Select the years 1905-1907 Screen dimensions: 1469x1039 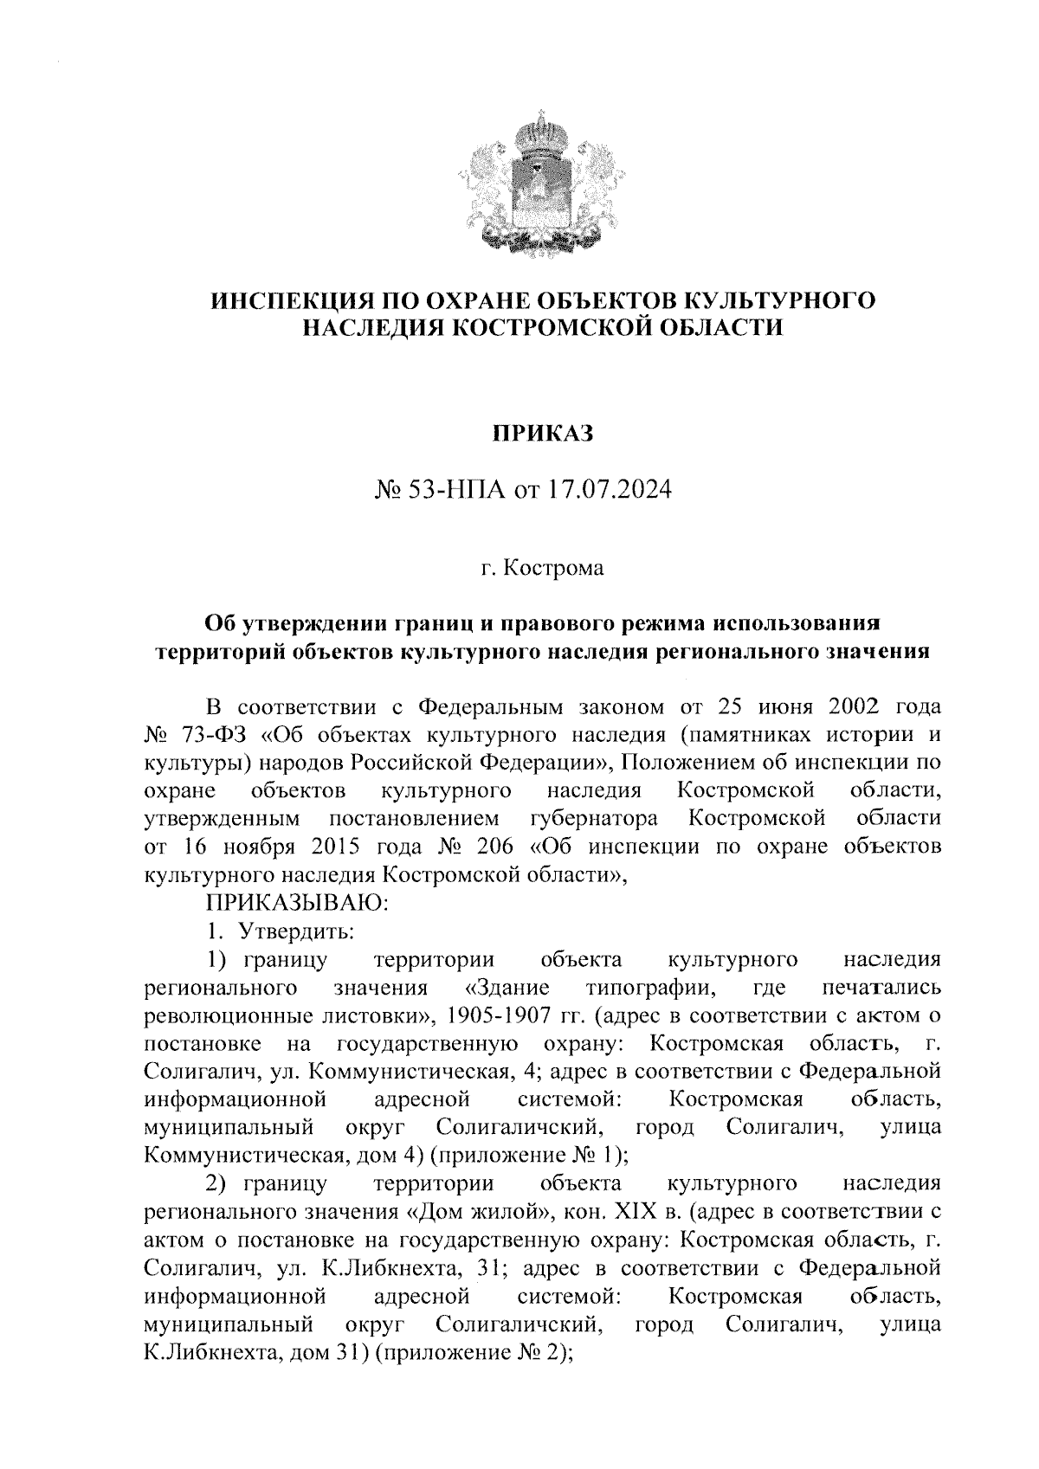coord(494,1015)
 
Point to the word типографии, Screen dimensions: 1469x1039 coord(652,987)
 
